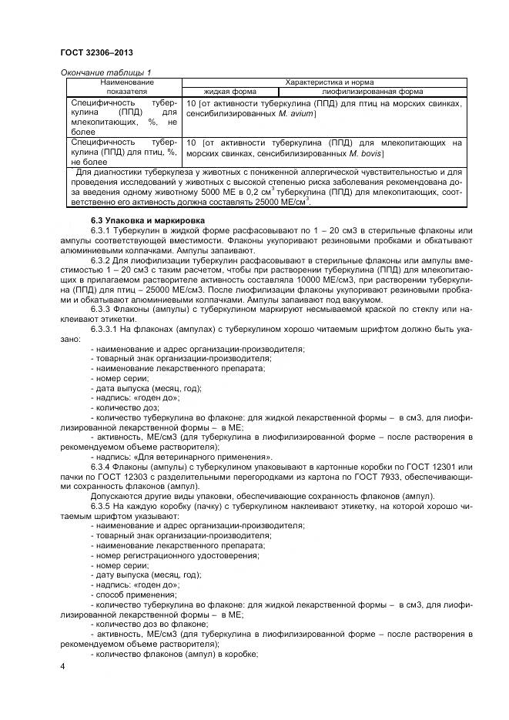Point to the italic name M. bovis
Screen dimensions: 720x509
pyautogui.click(x=365, y=153)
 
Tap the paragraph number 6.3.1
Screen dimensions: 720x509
pyautogui.click(x=102, y=230)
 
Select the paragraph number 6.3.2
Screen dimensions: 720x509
pyautogui.click(x=102, y=260)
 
